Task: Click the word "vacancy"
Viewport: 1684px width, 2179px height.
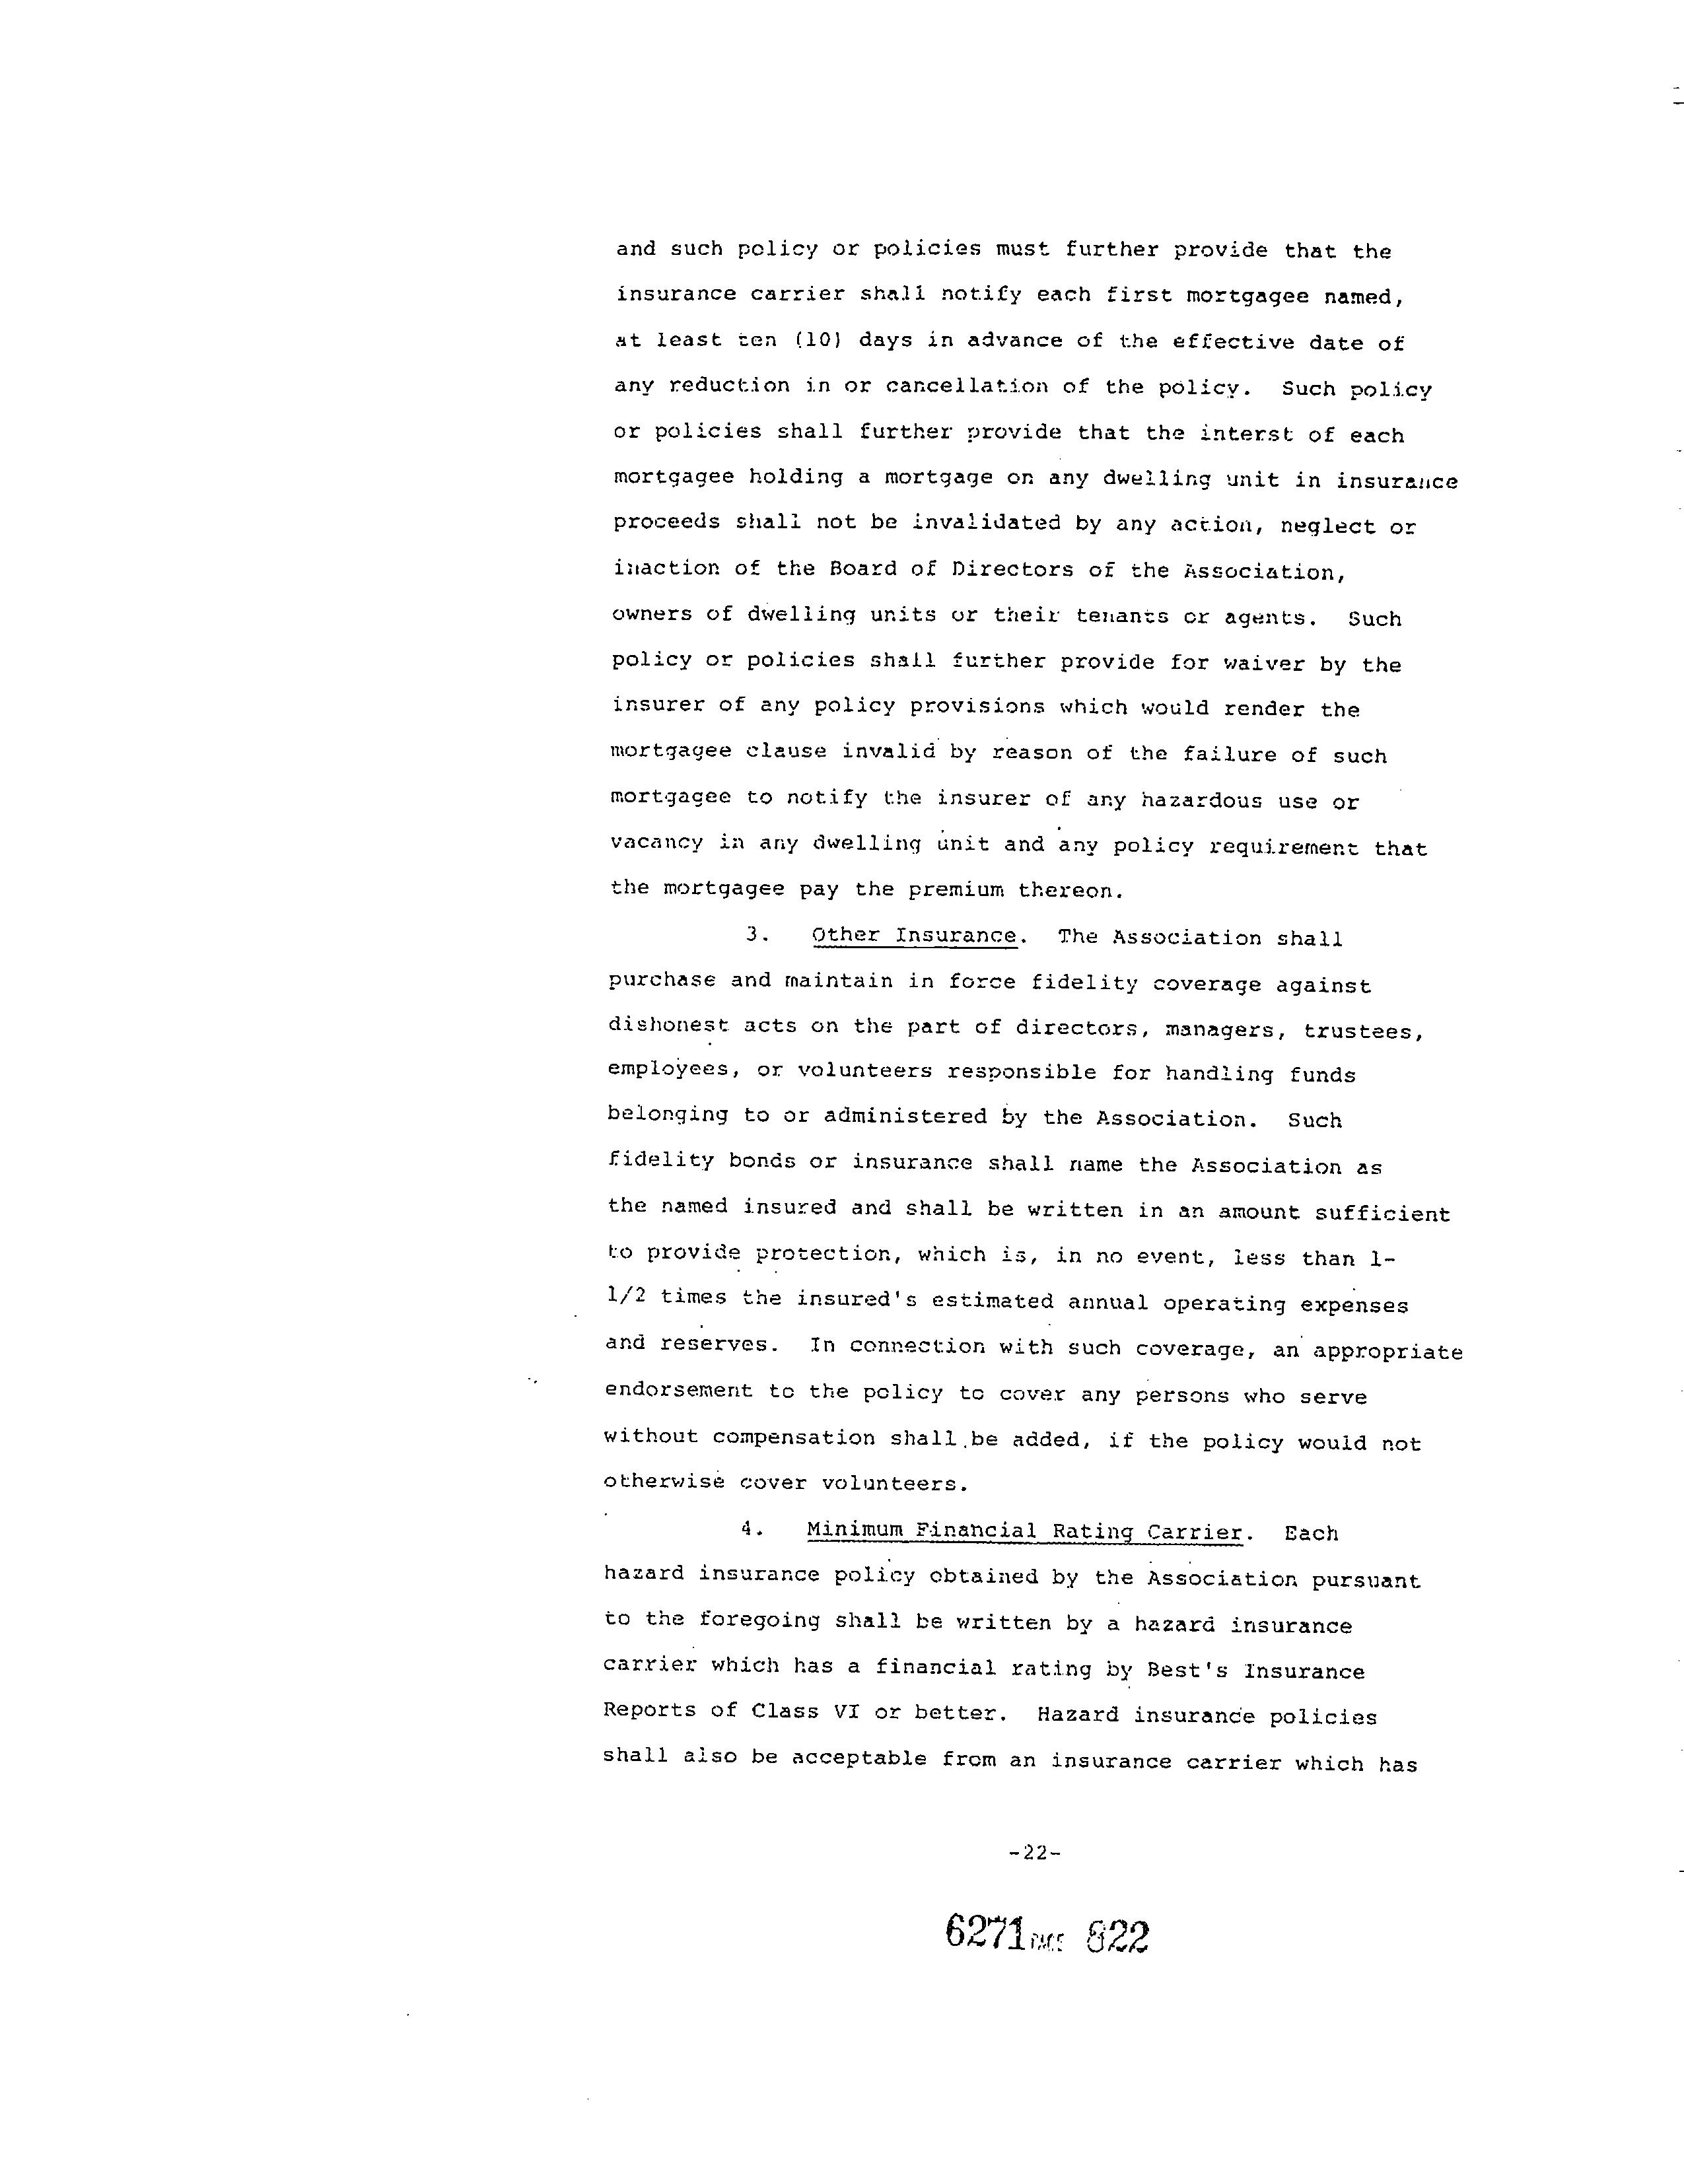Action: [x=656, y=844]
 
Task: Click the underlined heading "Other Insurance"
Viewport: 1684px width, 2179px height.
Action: [x=914, y=936]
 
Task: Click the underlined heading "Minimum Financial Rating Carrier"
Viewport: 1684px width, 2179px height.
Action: [x=1024, y=1531]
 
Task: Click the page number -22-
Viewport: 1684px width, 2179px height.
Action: [x=1035, y=1853]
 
